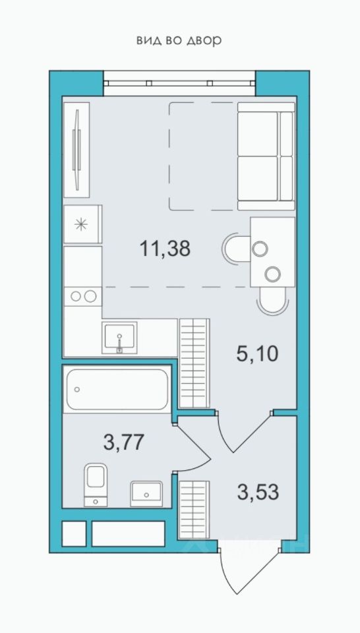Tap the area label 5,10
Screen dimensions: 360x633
tap(258, 355)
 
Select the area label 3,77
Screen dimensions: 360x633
tap(124, 442)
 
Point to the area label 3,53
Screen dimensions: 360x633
tap(258, 492)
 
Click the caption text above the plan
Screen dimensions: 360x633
tap(179, 40)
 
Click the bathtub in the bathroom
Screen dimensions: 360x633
tap(117, 389)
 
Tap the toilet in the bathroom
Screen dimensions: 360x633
tap(96, 485)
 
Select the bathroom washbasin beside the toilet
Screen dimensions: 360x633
tap(146, 493)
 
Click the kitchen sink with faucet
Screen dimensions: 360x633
tap(119, 338)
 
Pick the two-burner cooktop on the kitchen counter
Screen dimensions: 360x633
tap(82, 296)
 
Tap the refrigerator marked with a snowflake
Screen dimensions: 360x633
tap(82, 224)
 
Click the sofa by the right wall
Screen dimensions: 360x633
tap(266, 156)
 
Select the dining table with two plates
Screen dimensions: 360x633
tap(272, 251)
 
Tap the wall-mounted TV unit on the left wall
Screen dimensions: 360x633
tap(76, 150)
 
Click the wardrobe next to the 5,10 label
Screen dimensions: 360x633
tap(194, 363)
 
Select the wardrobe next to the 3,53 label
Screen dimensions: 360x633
tap(194, 510)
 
